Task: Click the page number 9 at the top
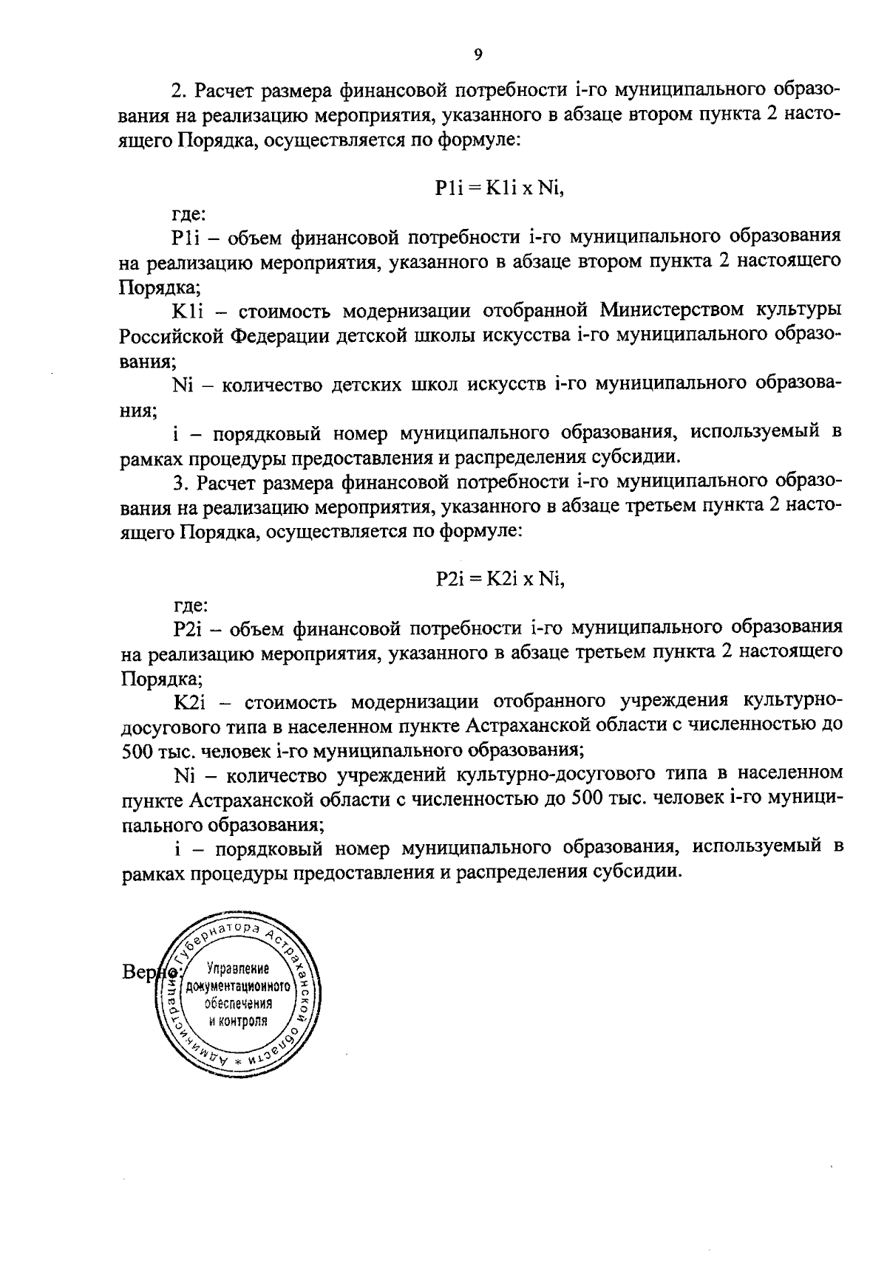(x=478, y=53)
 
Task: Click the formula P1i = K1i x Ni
(x=500, y=188)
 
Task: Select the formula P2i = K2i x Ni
(x=500, y=580)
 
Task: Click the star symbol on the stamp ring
(x=238, y=1061)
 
